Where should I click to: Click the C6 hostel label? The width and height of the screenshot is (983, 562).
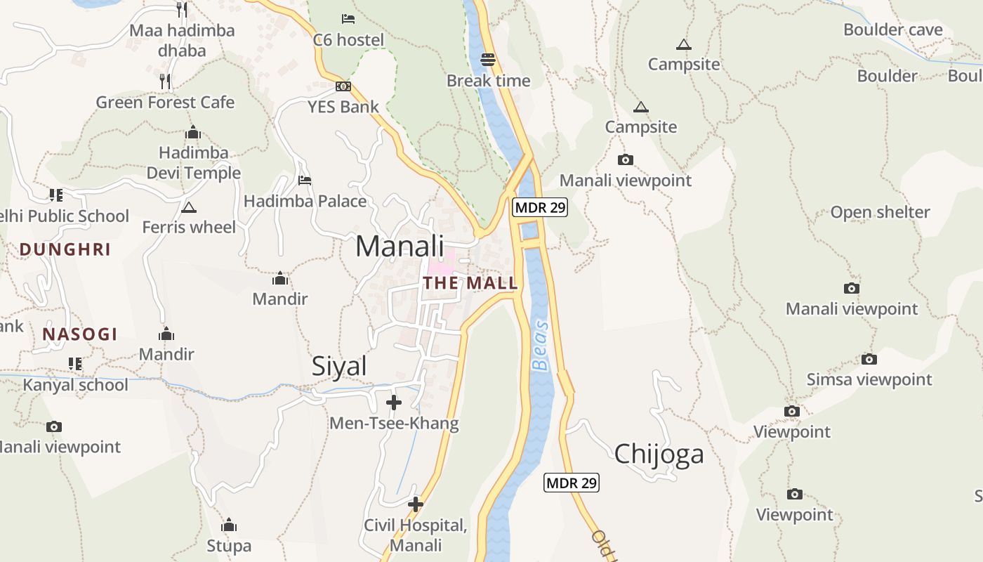click(348, 40)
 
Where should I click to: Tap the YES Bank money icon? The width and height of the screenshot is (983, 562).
click(343, 86)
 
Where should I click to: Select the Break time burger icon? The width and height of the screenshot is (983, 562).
click(488, 60)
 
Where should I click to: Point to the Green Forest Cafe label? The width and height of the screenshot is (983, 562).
click(165, 103)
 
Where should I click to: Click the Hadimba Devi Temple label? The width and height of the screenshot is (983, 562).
click(194, 163)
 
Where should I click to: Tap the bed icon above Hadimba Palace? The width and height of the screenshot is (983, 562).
click(305, 181)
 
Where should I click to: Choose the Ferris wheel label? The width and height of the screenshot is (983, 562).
click(189, 227)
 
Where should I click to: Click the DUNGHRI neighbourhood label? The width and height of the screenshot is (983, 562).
click(65, 249)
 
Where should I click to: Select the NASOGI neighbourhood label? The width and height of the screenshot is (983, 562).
click(80, 334)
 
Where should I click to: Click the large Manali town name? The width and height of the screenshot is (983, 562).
click(400, 247)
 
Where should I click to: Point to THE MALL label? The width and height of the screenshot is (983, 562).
click(470, 284)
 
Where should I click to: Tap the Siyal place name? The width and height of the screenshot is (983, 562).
click(339, 367)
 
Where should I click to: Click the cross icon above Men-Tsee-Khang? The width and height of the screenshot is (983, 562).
click(394, 403)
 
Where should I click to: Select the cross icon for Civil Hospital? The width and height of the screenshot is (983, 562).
click(416, 504)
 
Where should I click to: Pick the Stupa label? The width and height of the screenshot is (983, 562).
click(229, 546)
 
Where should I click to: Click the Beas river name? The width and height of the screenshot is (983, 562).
click(540, 346)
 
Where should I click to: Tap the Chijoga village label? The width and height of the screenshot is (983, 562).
click(659, 455)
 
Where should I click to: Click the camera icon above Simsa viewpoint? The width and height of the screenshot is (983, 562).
click(869, 360)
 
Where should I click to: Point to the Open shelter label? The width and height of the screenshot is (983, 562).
click(880, 212)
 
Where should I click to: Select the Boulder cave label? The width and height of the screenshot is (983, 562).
click(892, 30)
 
